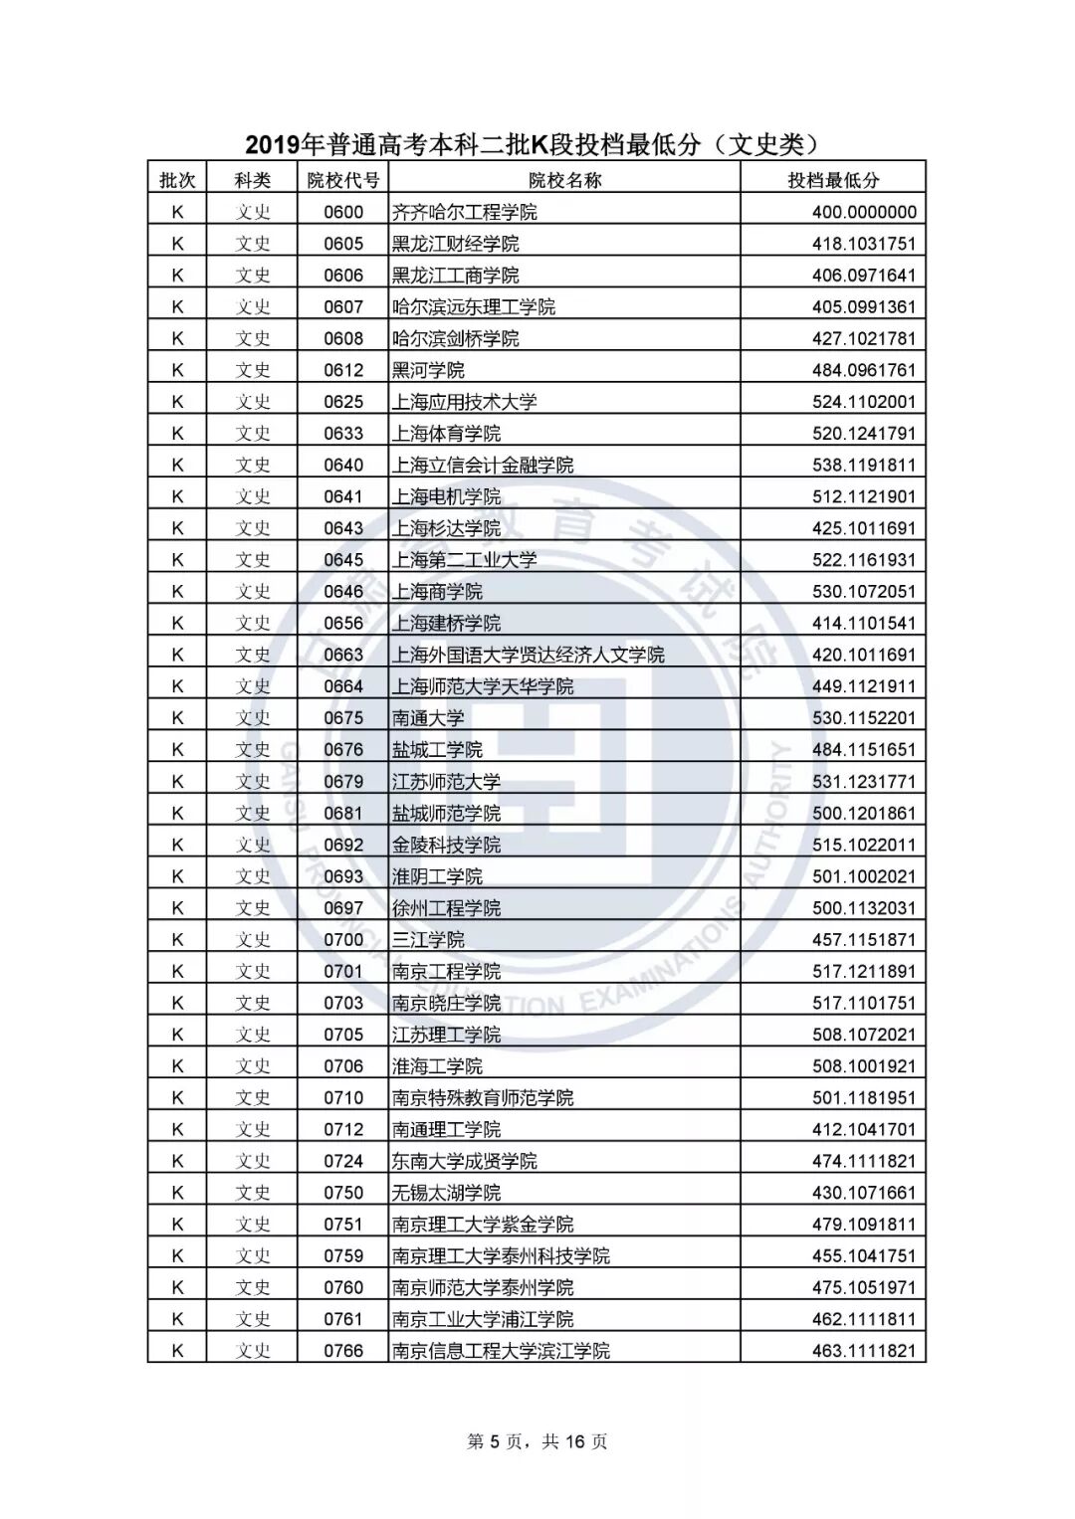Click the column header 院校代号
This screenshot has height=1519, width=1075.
342,180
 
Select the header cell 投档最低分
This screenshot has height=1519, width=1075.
833,180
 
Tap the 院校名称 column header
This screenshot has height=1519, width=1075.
564,180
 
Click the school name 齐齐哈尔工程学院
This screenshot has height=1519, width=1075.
464,212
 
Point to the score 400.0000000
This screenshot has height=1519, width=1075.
863,212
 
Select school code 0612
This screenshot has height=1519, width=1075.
343,370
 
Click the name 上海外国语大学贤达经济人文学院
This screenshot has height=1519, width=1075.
528,655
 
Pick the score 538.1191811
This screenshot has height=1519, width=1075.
863,465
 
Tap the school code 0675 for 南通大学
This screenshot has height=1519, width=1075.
343,718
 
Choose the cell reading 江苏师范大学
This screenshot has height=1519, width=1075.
446,782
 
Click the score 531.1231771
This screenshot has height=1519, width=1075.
863,782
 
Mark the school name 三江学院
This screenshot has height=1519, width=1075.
428,940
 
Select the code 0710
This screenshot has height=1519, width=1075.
343,1098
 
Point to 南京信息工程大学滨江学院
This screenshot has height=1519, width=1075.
501,1351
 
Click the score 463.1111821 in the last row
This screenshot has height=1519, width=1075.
863,1351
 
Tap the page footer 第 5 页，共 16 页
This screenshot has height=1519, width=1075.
537,1441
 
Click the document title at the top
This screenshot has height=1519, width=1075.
537,145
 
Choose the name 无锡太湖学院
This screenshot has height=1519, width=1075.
446,1193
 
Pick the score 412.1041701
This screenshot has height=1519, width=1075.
863,1129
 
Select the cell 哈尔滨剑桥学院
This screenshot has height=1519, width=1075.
455,338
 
